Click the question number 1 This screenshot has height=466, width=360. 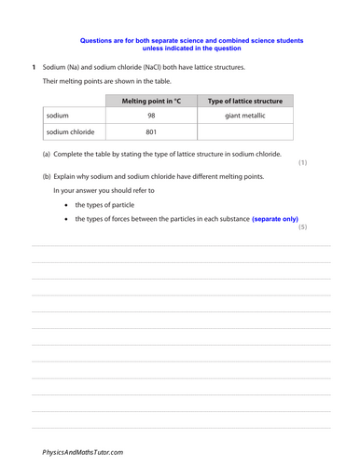coord(34,68)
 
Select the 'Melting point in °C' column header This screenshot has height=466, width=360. coord(152,101)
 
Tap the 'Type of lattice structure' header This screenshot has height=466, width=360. coord(245,101)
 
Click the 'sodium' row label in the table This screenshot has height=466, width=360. coord(59,116)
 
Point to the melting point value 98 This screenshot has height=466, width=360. coord(152,116)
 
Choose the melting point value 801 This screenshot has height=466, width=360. coord(152,131)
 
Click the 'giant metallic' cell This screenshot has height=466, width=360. coord(245,116)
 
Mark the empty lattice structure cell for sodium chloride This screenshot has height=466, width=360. coord(245,131)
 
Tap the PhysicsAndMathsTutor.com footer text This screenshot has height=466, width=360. coord(82,452)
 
